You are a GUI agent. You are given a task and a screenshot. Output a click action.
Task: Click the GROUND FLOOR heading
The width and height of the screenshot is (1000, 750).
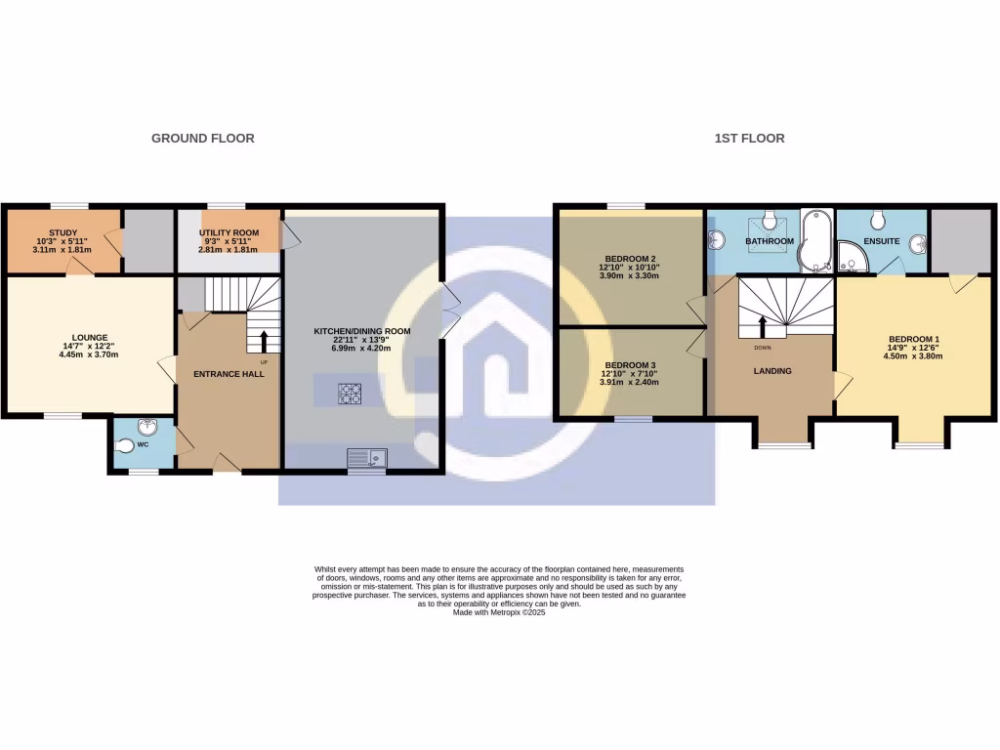[202, 139]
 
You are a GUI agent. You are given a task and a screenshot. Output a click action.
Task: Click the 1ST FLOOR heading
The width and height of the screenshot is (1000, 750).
[749, 139]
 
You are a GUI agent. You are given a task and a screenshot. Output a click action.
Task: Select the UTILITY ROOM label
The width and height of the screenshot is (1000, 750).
[229, 233]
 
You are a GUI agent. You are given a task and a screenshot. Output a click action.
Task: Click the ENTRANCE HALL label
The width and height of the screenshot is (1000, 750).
[229, 374]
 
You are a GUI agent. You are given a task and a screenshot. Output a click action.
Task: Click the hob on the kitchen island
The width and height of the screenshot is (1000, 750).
[350, 394]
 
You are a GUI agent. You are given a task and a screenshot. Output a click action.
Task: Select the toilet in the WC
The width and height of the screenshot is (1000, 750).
[125, 446]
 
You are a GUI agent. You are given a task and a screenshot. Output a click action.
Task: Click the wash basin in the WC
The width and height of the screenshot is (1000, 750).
[146, 426]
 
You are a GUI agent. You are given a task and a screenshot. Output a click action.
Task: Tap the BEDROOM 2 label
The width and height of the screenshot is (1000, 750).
[627, 260]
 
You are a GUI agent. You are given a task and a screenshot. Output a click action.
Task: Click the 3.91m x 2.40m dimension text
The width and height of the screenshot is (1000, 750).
[627, 382]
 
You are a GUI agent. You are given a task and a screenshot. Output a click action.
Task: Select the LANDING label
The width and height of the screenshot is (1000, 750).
[772, 371]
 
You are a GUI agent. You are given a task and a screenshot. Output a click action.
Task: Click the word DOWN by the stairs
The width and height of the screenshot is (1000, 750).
[763, 347]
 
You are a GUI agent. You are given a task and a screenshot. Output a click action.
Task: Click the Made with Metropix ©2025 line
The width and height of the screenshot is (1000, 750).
[499, 612]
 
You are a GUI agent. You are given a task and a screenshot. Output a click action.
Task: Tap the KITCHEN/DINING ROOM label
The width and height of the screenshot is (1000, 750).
[361, 331]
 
